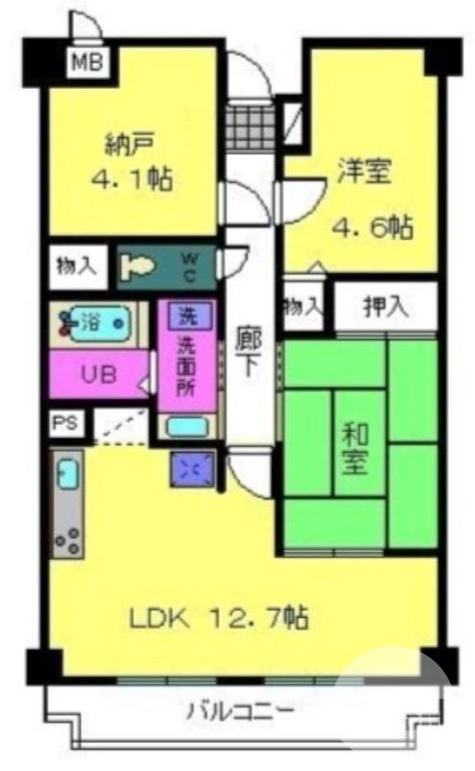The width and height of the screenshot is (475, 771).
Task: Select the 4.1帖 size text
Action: (x=132, y=179)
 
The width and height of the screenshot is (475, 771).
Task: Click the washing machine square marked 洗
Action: (x=183, y=315)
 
